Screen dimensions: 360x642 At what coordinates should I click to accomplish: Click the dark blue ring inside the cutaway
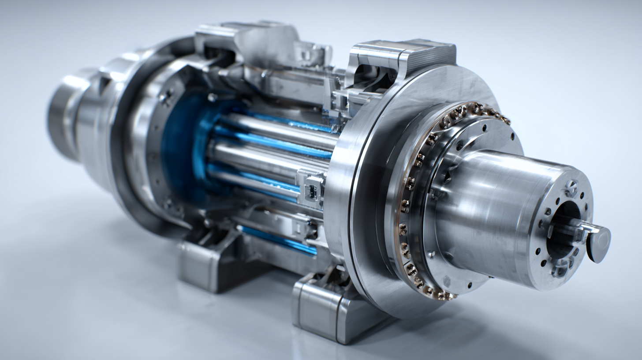click(x=181, y=146)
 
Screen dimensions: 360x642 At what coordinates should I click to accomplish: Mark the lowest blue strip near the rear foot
click(x=278, y=240)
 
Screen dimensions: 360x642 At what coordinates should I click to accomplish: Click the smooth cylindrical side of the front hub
click(x=494, y=207)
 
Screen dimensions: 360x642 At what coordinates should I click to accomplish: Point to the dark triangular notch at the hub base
click(x=445, y=176)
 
